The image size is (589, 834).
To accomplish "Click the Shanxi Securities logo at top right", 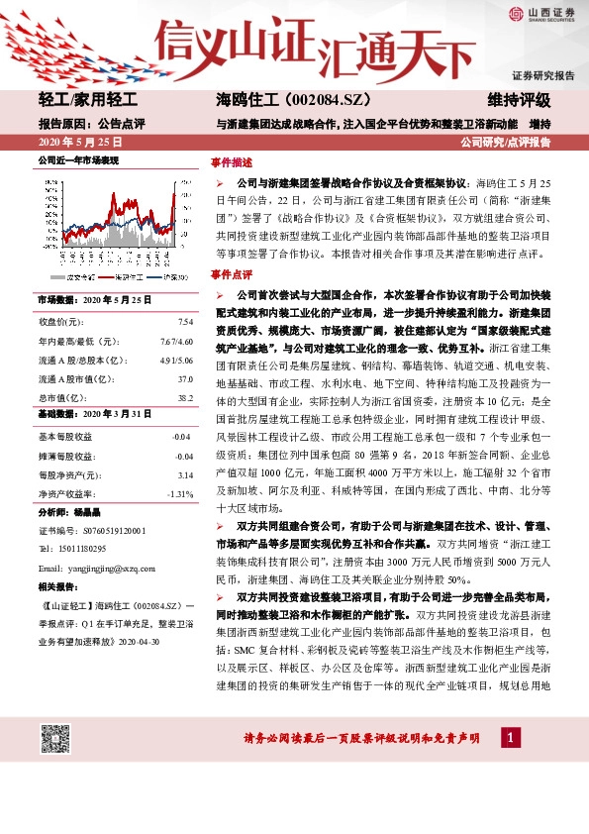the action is [541, 14].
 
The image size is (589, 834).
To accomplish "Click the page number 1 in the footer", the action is [509, 738].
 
